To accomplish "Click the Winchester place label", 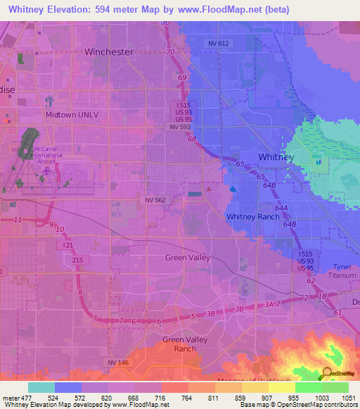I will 108,52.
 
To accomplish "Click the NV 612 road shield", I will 219,44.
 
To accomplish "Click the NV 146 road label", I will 119,362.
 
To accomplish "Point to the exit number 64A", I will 282,209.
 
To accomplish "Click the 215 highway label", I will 77,260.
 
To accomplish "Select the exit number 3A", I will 270,304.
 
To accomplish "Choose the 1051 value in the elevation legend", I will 347,398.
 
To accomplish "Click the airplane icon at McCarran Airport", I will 47,169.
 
